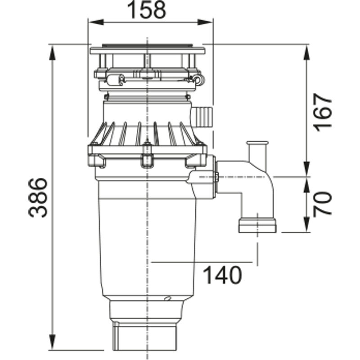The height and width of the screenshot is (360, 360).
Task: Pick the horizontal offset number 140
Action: (x=222, y=274)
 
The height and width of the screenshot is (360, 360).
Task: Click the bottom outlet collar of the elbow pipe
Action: (x=257, y=225)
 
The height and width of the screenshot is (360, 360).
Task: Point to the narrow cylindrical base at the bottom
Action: (x=147, y=335)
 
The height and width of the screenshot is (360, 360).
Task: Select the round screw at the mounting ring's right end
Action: (x=197, y=80)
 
